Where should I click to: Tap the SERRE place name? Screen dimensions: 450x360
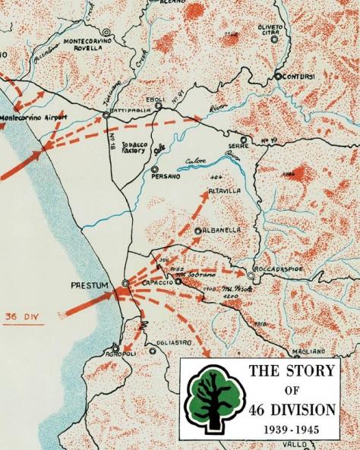238,146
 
